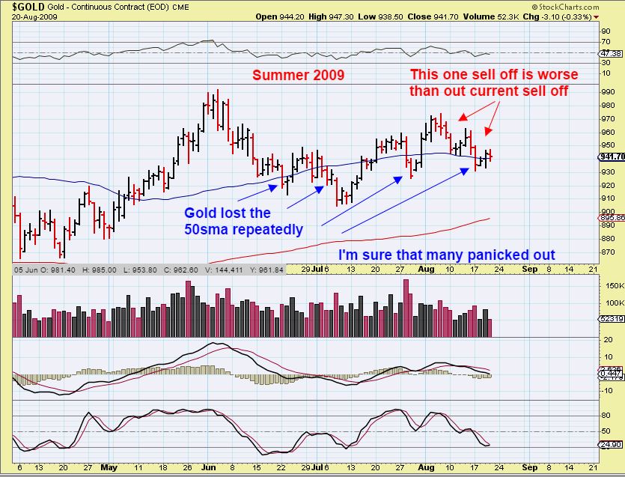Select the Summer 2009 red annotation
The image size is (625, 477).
298,75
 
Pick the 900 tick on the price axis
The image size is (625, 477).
608,212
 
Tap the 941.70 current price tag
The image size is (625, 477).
612,157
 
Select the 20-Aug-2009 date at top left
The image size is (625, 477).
23,16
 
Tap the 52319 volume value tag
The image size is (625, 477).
612,318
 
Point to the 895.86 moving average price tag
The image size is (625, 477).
612,217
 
